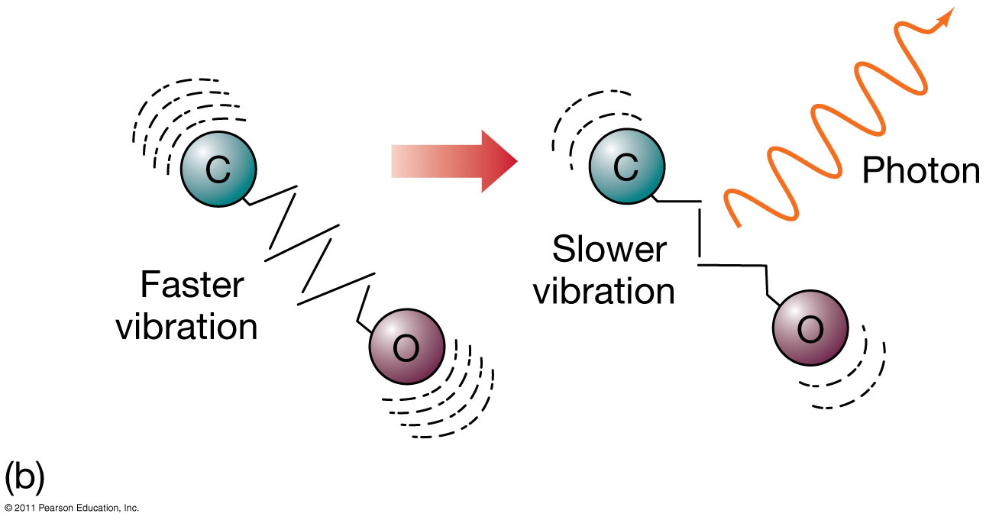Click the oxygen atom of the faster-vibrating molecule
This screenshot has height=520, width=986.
406,348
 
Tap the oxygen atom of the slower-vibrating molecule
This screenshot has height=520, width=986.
810,329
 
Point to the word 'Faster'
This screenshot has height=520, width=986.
192,286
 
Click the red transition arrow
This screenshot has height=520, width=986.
454,161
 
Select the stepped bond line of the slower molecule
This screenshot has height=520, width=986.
700,237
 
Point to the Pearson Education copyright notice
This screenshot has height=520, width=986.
70,508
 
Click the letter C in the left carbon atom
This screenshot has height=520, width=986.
218,171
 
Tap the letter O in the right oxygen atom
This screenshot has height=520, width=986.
810,331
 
